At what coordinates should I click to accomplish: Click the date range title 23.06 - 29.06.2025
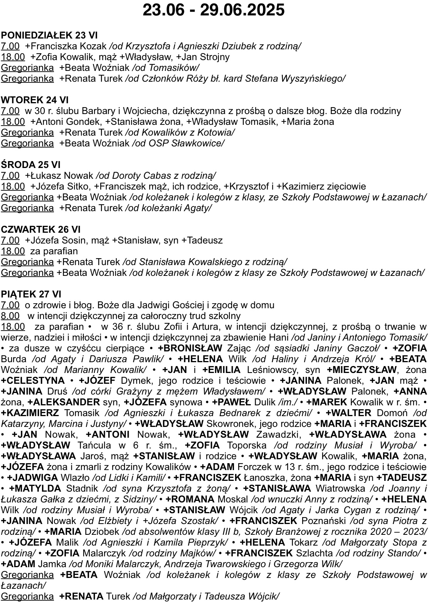pos(214,10)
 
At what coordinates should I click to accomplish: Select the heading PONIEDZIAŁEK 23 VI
pos(49,35)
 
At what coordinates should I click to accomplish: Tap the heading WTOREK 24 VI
pos(35,100)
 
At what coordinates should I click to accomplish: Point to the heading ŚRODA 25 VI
pos(31,165)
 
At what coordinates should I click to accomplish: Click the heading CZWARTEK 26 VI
pos(41,230)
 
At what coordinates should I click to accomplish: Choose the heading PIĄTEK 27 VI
pos(31,294)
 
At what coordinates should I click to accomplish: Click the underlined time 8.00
pos(10,316)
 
